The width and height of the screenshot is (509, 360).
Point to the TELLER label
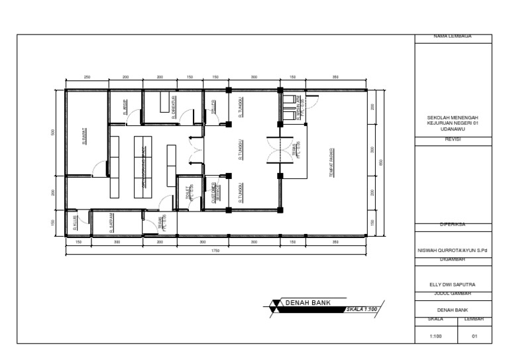pos(213,107)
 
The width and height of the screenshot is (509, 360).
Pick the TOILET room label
pos(189,192)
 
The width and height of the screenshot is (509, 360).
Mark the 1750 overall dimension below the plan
pos(215,251)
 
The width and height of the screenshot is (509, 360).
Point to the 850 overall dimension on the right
pos(380,162)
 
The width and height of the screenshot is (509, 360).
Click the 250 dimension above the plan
pos(87,78)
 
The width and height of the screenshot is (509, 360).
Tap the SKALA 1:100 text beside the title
pos(362,309)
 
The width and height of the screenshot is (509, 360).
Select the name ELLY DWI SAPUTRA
pos(453,284)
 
